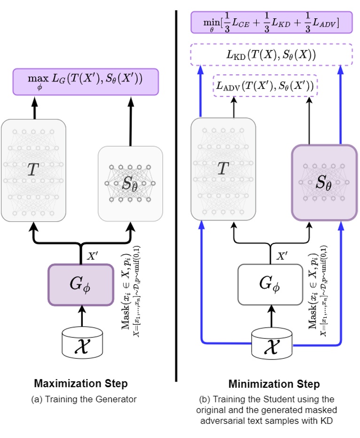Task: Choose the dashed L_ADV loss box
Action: pyautogui.click(x=265, y=86)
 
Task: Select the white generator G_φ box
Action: pyautogui.click(x=270, y=285)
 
